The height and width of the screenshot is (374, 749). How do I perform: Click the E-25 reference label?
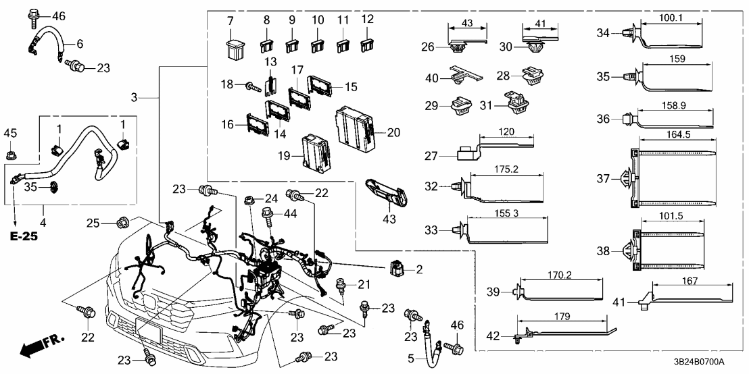[x=22, y=237]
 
